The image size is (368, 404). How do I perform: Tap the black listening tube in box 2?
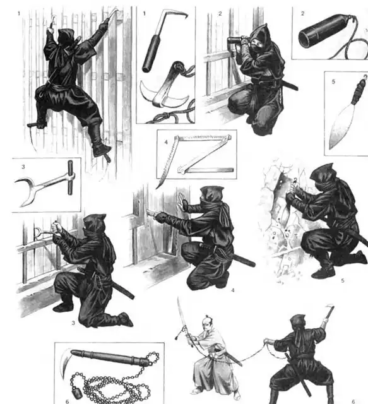pos(325,30)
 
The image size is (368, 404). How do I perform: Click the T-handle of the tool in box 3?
pos(70,177)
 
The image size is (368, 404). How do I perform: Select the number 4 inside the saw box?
pos(166,142)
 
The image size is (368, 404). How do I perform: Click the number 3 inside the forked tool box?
pos(23,167)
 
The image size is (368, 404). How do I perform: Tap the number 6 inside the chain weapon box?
pos(68,401)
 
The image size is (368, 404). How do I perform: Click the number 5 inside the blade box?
pos(333,81)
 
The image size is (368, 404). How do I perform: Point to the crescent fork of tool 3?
pos(26,190)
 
